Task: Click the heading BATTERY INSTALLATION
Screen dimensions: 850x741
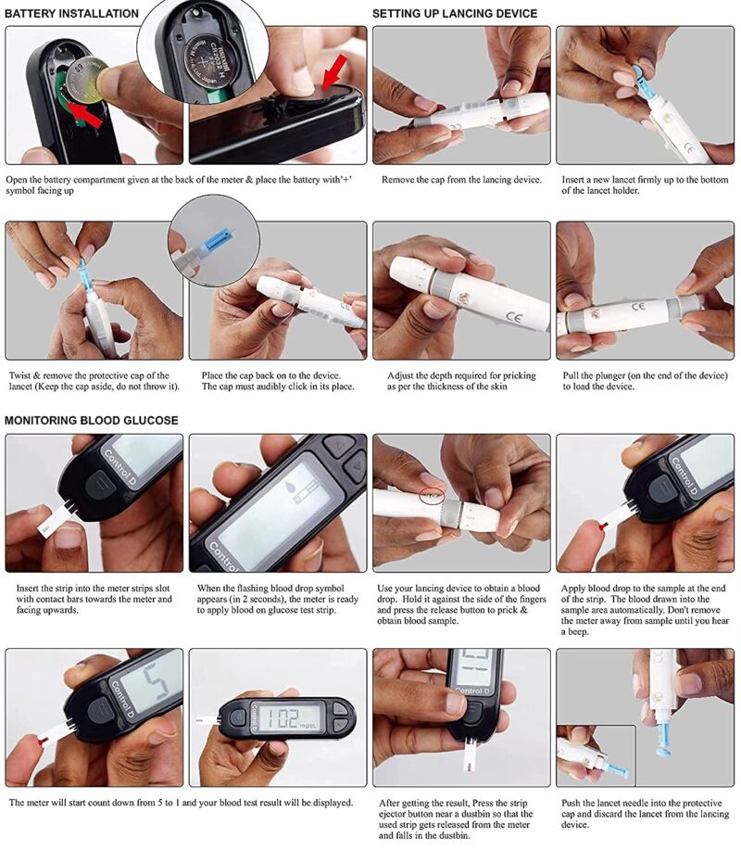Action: tap(71, 14)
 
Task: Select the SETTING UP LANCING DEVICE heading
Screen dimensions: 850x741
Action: tap(454, 14)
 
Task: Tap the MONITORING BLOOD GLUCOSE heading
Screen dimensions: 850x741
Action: tap(92, 420)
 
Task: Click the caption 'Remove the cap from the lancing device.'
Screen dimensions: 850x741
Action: tap(461, 179)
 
